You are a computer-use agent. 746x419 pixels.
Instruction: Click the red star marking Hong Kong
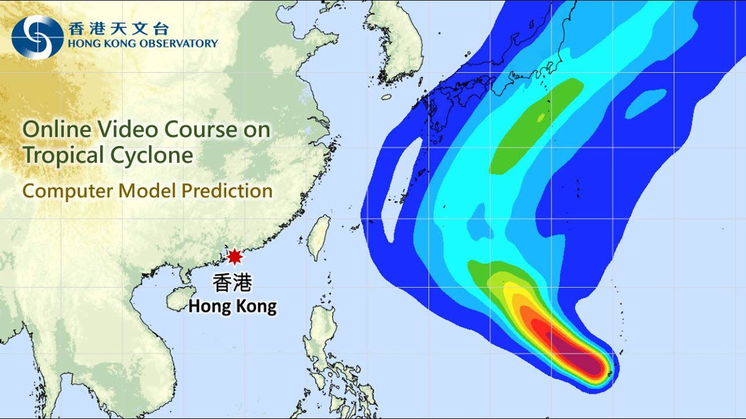(234, 256)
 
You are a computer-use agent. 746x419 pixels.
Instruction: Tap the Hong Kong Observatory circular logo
(37, 37)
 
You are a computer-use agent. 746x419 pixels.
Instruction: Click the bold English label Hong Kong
(233, 306)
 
